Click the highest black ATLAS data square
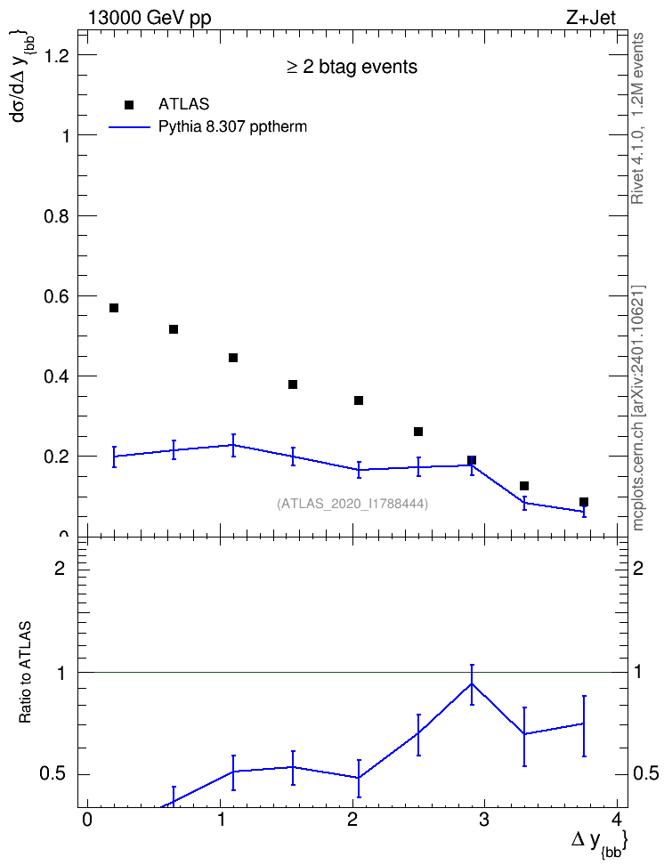(114, 308)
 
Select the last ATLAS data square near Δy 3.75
(583, 502)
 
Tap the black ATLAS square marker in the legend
(129, 105)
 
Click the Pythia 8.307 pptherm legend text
(232, 127)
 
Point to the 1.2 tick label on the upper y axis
(57, 55)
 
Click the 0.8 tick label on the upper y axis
(57, 215)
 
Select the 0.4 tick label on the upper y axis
(57, 376)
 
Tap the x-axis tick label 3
(484, 819)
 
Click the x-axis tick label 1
(221, 819)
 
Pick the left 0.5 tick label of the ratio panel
(53, 774)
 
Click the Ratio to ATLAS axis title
(26, 672)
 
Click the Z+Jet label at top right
(591, 18)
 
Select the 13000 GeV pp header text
(150, 19)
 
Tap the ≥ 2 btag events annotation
(352, 67)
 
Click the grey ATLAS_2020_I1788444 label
(352, 504)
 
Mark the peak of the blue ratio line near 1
(472, 683)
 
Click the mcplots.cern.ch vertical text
(638, 408)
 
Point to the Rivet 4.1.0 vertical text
(637, 118)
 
